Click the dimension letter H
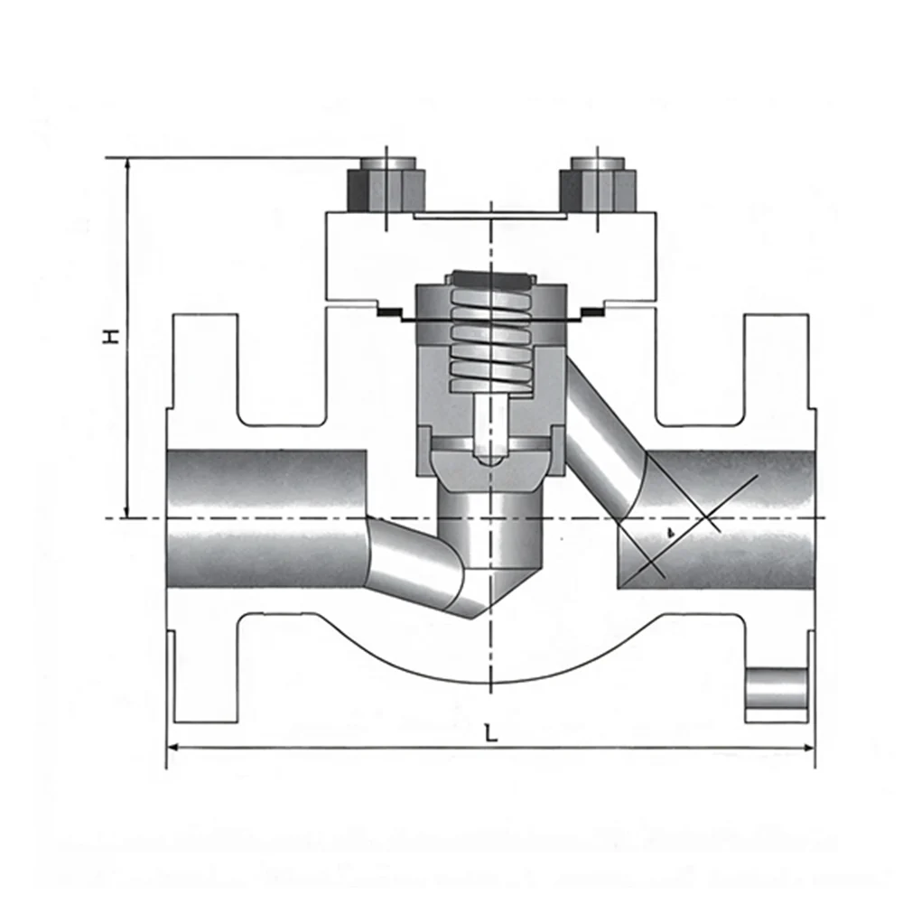111,336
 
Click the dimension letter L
490,733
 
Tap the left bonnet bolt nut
386,184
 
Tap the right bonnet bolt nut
598,184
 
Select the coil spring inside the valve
490,340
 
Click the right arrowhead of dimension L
808,748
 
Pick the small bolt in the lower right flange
777,689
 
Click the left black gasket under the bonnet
391,312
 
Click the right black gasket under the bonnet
591,312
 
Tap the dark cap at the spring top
490,280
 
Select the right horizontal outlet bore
716,519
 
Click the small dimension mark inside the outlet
670,534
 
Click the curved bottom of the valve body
490,683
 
